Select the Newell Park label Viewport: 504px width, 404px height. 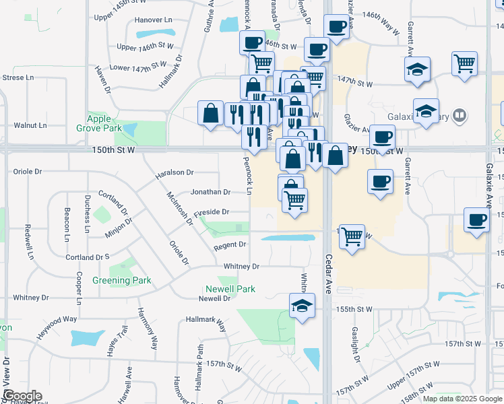click(x=230, y=289)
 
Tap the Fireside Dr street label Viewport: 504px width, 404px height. click(x=212, y=212)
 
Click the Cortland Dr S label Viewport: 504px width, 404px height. click(x=88, y=257)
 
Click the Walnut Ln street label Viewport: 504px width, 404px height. click(x=31, y=125)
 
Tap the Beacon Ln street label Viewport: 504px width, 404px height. click(x=67, y=224)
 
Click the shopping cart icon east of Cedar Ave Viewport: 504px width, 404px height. click(x=352, y=236)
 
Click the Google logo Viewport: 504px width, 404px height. click(x=22, y=397)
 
